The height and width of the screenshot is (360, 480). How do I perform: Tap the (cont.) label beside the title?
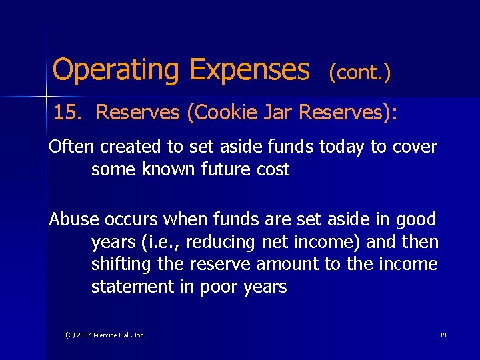point(359,73)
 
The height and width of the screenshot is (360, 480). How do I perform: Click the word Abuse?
point(73,219)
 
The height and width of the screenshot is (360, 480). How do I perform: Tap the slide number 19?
point(443,335)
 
